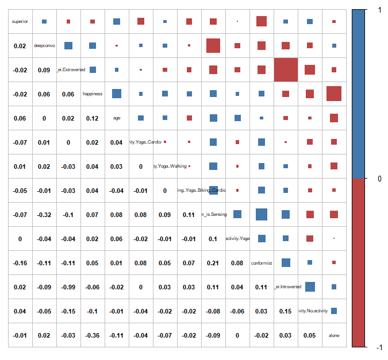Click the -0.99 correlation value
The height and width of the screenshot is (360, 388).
pyautogui.click(x=68, y=287)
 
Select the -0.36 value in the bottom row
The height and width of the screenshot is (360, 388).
pyautogui.click(x=93, y=335)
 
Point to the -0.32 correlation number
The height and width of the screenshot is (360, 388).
pyautogui.click(x=44, y=215)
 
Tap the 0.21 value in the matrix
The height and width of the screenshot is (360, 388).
pyautogui.click(x=213, y=263)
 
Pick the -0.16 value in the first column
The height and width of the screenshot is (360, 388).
pyautogui.click(x=20, y=263)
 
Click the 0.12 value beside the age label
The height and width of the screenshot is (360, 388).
pyautogui.click(x=93, y=118)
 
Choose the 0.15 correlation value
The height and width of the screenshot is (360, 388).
pyautogui.click(x=286, y=311)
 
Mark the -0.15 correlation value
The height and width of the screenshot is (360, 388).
pyautogui.click(x=68, y=311)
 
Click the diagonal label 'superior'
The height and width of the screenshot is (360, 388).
pyautogui.click(x=20, y=22)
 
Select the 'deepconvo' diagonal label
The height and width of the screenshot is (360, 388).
pyautogui.click(x=44, y=46)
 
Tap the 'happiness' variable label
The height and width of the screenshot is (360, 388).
pyautogui.click(x=93, y=94)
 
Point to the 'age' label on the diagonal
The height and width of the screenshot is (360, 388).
pyautogui.click(x=117, y=118)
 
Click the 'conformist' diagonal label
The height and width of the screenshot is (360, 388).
pyautogui.click(x=262, y=263)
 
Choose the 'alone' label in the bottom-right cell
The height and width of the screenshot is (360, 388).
pyautogui.click(x=334, y=335)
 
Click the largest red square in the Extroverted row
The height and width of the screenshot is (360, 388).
pyautogui.click(x=286, y=69)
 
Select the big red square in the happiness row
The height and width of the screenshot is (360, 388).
pyautogui.click(x=334, y=94)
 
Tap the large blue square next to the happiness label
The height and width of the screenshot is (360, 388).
pyautogui.click(x=117, y=94)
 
